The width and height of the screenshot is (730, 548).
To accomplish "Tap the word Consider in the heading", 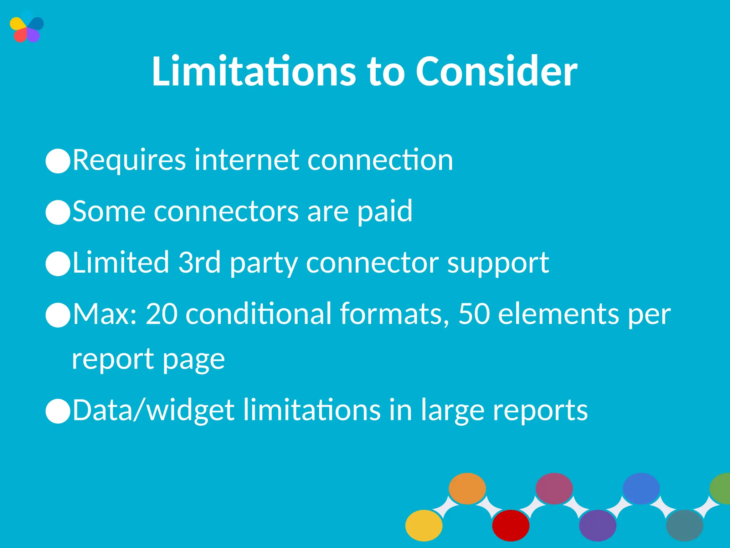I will tap(496, 71).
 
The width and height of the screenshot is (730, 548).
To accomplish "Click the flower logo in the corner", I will tap(27, 27).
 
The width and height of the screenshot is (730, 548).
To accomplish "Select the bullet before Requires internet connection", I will tap(58, 161).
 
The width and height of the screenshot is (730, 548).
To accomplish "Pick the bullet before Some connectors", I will tap(58, 212).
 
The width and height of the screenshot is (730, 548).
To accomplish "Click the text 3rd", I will tap(199, 262).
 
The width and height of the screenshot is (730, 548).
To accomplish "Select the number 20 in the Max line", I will tap(161, 314).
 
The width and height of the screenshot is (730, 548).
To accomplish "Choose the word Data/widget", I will tap(153, 410).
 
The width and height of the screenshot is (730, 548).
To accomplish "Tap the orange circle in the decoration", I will tap(467, 488).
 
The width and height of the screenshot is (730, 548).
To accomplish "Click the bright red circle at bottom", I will tap(510, 525).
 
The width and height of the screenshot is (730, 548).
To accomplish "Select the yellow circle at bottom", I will tap(424, 525).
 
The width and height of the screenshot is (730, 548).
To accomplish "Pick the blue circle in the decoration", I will tap(641, 488).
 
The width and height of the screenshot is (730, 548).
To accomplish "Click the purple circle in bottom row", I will tap(597, 525).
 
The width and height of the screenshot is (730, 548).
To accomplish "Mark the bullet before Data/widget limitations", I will tap(58, 411).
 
